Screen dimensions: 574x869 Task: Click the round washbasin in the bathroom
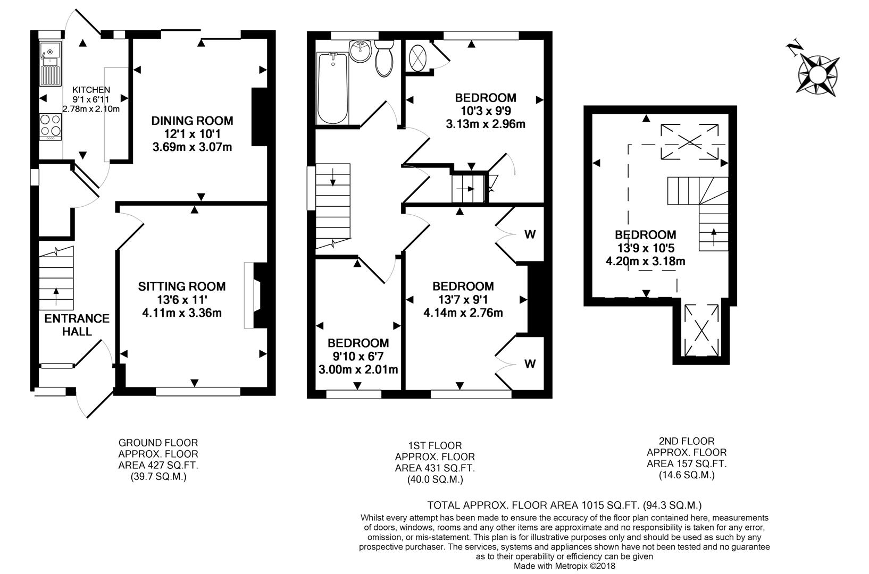tap(361, 52)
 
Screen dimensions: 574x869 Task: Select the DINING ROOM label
tap(192, 121)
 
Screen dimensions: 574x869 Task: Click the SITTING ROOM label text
tap(182, 286)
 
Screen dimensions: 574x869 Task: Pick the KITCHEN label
tap(91, 90)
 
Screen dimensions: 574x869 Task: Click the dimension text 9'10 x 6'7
tap(358, 356)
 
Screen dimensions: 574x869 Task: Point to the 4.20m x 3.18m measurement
tap(646, 261)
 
